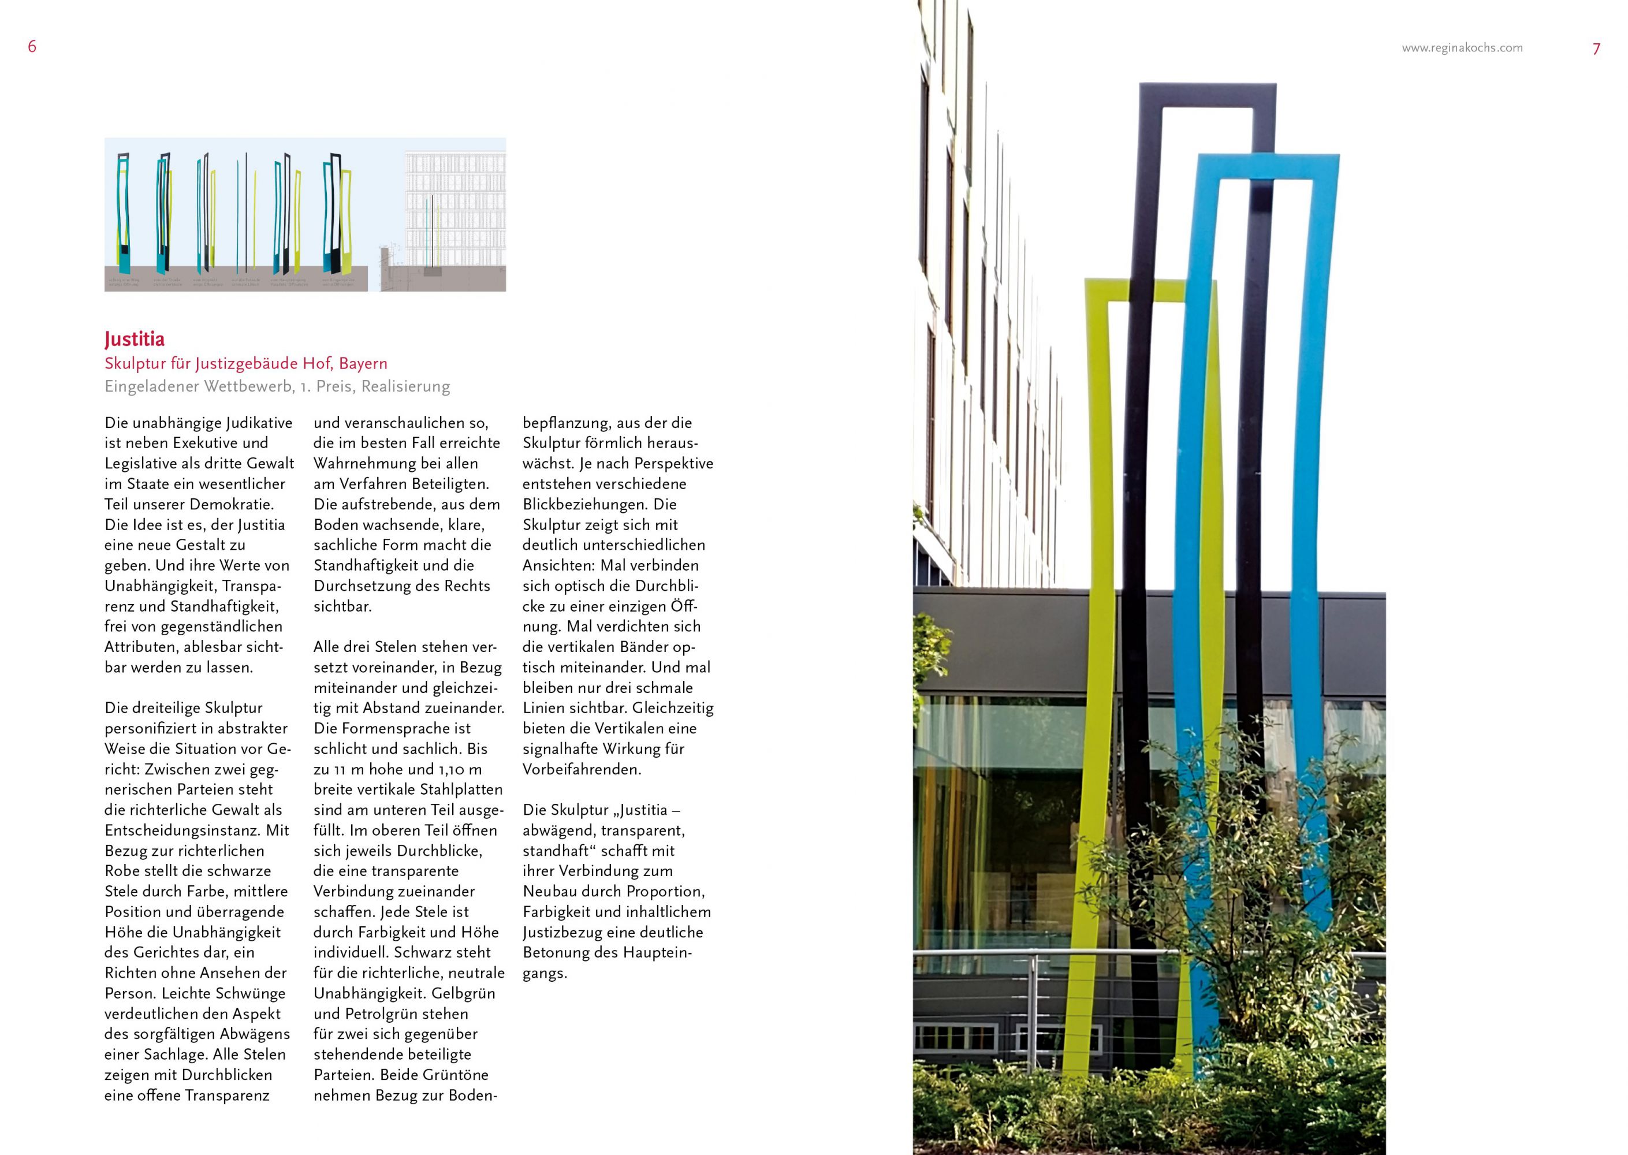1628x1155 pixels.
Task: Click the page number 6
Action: tap(32, 47)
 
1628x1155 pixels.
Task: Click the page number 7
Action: tap(1596, 49)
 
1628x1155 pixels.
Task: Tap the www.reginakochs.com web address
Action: tap(1462, 48)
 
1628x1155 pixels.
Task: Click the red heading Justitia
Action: tap(135, 338)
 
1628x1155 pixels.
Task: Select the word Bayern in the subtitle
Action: tap(363, 363)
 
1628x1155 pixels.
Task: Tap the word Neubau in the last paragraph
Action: tap(551, 891)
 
